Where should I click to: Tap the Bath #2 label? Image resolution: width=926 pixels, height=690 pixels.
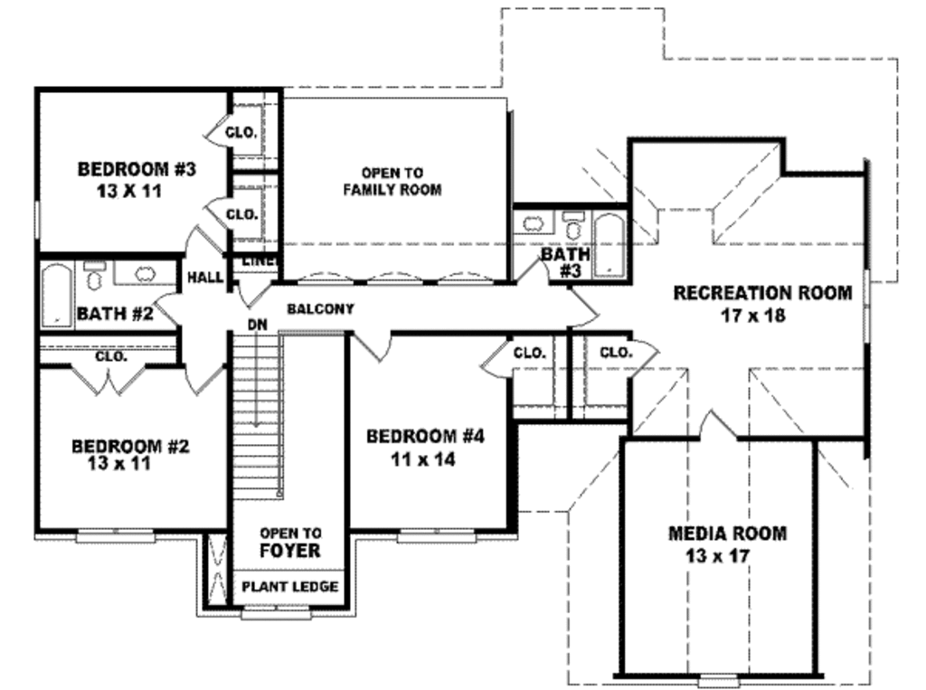click(115, 315)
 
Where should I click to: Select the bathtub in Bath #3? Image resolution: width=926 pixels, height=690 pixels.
click(609, 244)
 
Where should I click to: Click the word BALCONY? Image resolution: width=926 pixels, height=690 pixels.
click(320, 309)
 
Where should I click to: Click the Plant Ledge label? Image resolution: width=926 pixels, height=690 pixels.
click(290, 587)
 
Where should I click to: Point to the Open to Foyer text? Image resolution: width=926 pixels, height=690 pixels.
click(290, 542)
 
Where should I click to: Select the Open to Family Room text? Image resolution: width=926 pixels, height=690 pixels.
click(392, 181)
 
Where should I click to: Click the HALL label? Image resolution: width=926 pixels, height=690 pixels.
click(205, 278)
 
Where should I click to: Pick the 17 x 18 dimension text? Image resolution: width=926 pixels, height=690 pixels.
click(752, 316)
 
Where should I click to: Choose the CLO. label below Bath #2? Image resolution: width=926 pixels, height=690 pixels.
click(111, 356)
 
